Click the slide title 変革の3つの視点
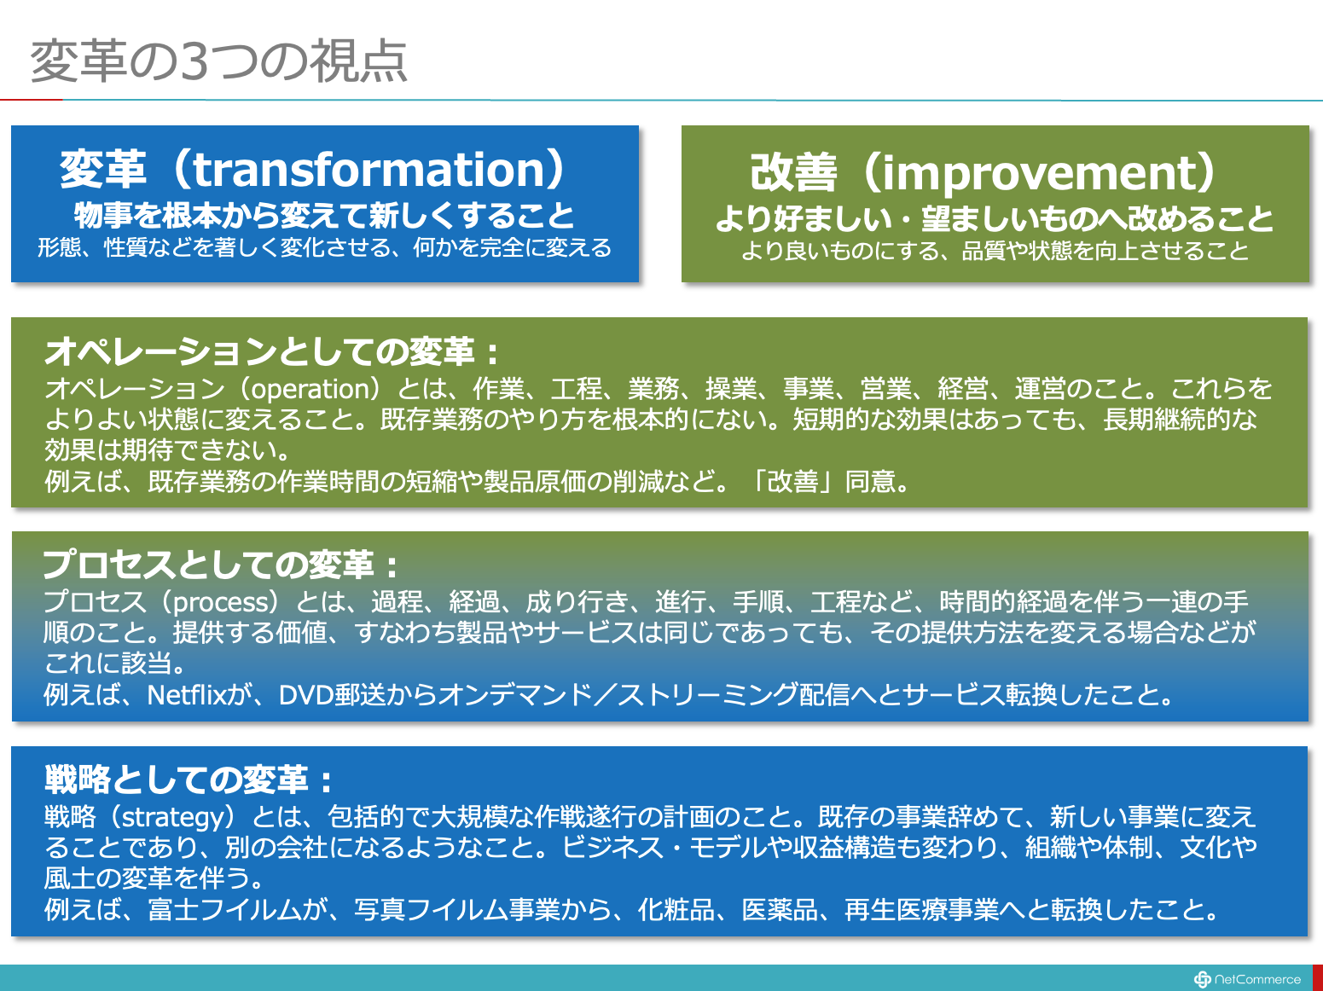[x=218, y=61]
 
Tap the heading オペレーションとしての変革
[x=260, y=351]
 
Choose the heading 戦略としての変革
[x=177, y=779]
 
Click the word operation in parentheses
[x=310, y=390]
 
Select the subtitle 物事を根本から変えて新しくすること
[x=324, y=215]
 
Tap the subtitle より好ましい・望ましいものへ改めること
[x=994, y=218]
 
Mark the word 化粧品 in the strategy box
[x=676, y=909]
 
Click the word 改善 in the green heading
[x=794, y=173]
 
